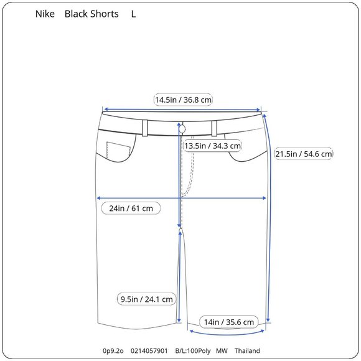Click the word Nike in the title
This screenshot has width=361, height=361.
[x=45, y=14]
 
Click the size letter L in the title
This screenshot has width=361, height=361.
[x=133, y=14]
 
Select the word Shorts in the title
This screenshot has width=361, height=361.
[x=104, y=14]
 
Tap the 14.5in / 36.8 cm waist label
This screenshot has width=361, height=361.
[x=184, y=100]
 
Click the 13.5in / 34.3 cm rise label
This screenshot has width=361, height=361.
[x=212, y=146]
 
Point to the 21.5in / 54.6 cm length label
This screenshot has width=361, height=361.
[x=304, y=154]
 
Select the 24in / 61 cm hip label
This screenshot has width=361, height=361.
[x=131, y=208]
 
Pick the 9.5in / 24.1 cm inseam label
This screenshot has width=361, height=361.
[x=146, y=299]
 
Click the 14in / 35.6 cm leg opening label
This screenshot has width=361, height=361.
[x=229, y=322]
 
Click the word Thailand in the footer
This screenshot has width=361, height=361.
[x=247, y=351]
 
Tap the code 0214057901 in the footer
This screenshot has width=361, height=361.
[x=149, y=351]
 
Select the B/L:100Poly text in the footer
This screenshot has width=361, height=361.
[x=193, y=351]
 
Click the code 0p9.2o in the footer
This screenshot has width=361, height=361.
[x=114, y=351]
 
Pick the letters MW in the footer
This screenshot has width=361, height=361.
[x=222, y=351]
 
